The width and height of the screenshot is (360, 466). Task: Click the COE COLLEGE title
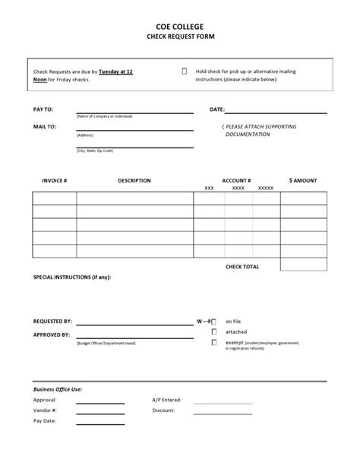pyautogui.click(x=179, y=25)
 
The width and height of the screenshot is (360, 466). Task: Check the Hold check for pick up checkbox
pyautogui.click(x=185, y=71)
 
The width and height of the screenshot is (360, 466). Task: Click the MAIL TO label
pyautogui.click(x=45, y=126)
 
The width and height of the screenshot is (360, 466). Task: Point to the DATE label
pyautogui.click(x=217, y=109)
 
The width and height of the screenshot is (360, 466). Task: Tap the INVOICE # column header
pyautogui.click(x=54, y=181)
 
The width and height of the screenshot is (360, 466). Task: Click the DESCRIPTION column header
pyautogui.click(x=134, y=181)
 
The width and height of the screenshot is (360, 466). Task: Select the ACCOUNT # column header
pyautogui.click(x=236, y=181)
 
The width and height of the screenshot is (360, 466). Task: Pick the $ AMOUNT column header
pyautogui.click(x=303, y=181)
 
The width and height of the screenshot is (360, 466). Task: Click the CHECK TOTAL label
pyautogui.click(x=242, y=267)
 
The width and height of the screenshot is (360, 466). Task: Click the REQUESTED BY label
pyautogui.click(x=52, y=322)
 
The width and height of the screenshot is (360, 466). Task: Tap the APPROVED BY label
pyautogui.click(x=52, y=334)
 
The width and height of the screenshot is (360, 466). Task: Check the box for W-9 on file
pyautogui.click(x=214, y=322)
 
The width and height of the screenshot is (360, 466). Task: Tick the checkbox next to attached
pyautogui.click(x=214, y=332)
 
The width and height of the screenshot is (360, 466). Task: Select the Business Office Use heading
pyautogui.click(x=58, y=388)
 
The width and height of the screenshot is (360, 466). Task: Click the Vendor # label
pyautogui.click(x=45, y=411)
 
